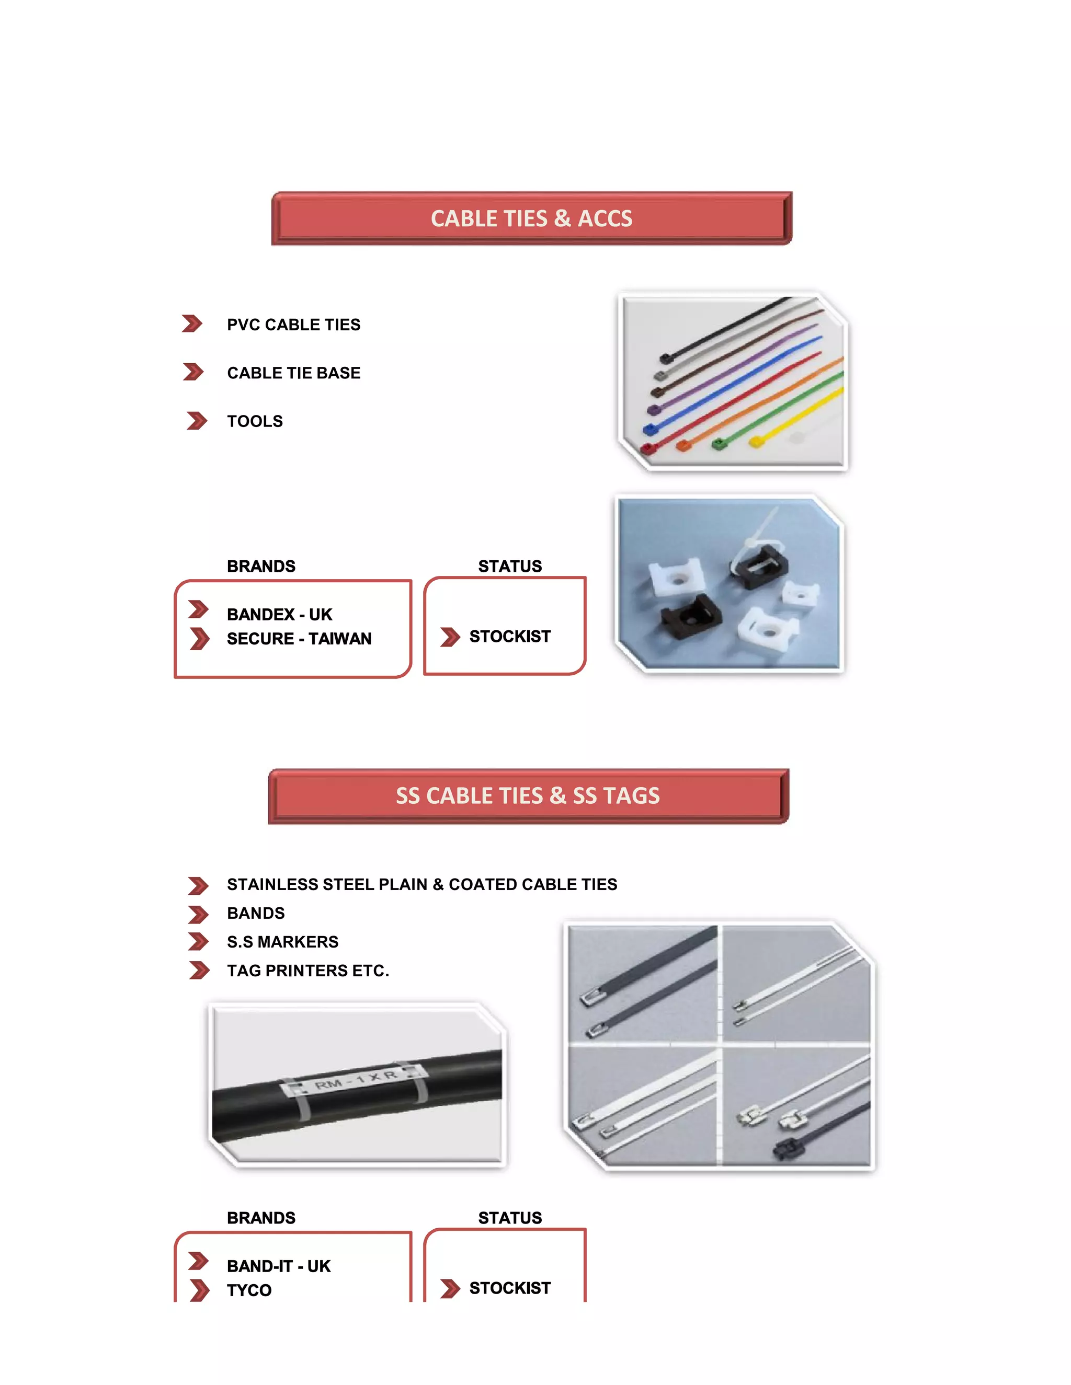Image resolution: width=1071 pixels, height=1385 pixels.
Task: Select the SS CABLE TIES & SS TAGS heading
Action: (527, 796)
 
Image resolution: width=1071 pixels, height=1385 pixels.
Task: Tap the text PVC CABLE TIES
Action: (293, 325)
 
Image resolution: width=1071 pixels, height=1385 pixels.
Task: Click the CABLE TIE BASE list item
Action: (293, 373)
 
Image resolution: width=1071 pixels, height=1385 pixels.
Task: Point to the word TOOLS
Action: (255, 421)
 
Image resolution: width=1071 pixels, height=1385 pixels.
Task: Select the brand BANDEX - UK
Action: (279, 615)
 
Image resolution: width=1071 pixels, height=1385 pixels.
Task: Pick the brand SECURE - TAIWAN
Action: (299, 639)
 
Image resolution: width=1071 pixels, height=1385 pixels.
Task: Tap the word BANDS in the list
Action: (256, 913)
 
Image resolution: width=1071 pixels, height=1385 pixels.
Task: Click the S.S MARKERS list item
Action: (282, 942)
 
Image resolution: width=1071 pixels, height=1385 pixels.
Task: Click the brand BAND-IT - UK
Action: (279, 1266)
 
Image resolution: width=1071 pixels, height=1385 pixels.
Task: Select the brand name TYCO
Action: (249, 1290)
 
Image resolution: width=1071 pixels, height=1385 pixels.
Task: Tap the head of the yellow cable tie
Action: (756, 442)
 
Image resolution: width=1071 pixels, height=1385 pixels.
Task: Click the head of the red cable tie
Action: (647, 448)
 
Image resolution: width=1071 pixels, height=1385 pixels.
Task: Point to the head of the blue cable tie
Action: (649, 429)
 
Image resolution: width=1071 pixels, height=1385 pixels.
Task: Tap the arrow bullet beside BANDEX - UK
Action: (198, 610)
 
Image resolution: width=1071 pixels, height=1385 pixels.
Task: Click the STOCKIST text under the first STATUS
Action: (509, 637)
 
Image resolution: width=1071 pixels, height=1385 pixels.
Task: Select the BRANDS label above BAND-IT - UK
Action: (261, 1218)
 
